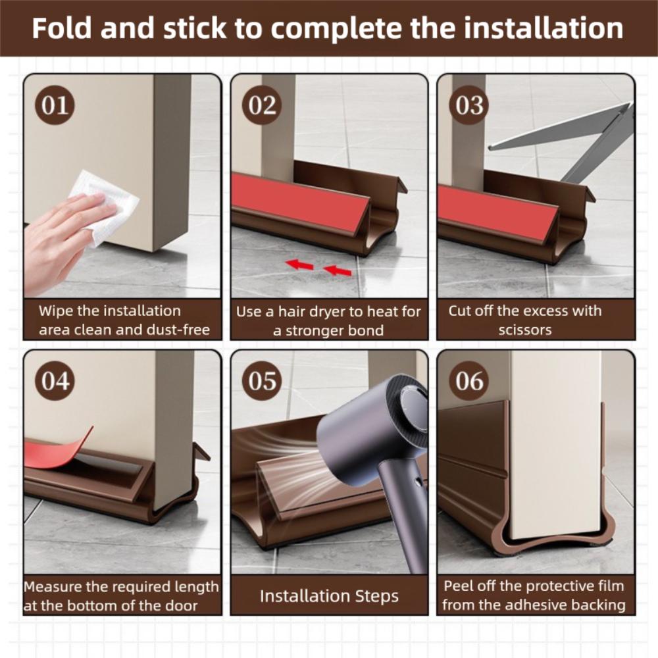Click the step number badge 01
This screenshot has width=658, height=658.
55,106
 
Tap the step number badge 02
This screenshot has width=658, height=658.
263,106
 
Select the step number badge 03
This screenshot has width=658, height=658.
469,106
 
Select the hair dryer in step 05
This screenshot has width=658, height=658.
375,447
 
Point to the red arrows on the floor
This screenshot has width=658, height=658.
319,267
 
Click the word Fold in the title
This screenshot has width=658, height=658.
62,29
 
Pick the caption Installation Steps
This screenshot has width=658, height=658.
329,597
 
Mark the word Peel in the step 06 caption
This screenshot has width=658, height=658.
460,586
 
